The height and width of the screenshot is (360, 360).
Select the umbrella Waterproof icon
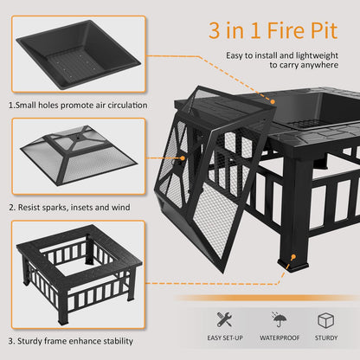click(x=280, y=319)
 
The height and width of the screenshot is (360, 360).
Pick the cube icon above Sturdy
click(x=327, y=319)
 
